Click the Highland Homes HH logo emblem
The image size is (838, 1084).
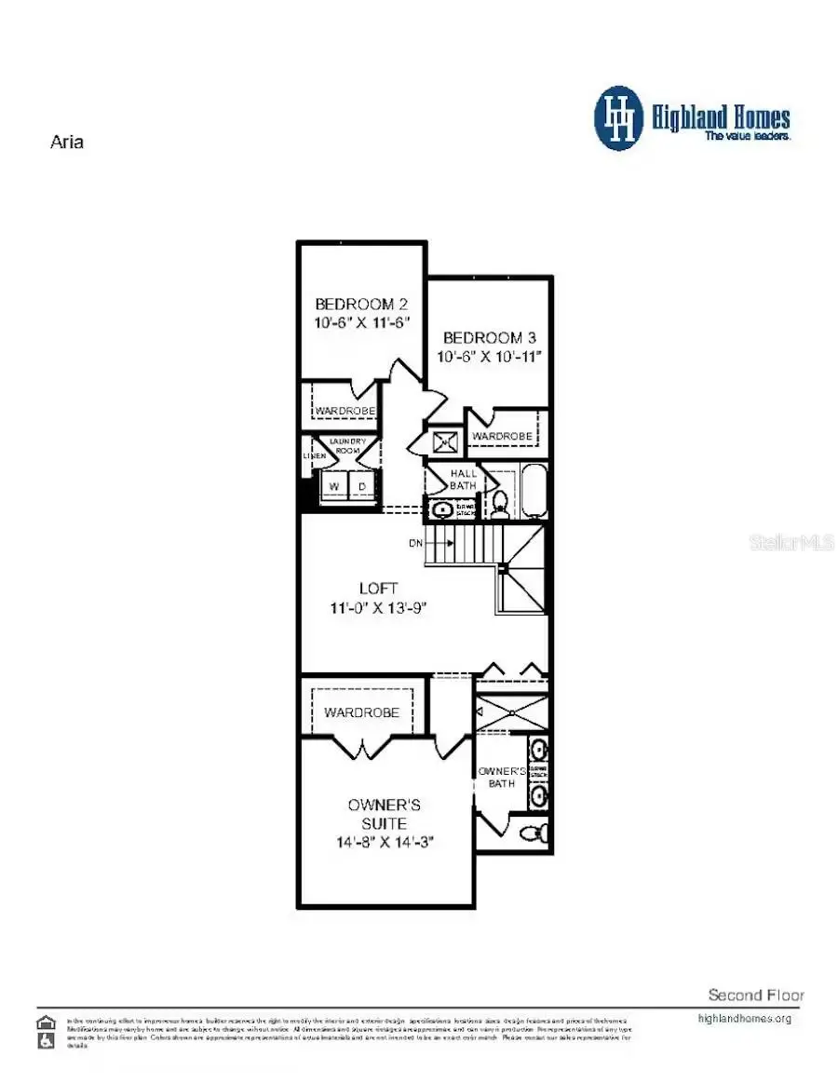pyautogui.click(x=618, y=118)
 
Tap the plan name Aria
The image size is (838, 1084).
pyautogui.click(x=66, y=143)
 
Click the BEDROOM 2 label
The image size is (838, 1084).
pyautogui.click(x=360, y=304)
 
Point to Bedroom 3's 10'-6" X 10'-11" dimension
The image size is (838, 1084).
pyautogui.click(x=489, y=356)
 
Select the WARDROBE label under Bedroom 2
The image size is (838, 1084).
pyautogui.click(x=345, y=411)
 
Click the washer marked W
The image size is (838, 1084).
pyautogui.click(x=331, y=486)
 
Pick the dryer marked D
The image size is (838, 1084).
pyautogui.click(x=363, y=486)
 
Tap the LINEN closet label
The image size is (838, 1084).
pyautogui.click(x=313, y=456)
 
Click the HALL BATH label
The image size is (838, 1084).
pyautogui.click(x=463, y=480)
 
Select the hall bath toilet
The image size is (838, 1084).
pyautogui.click(x=500, y=504)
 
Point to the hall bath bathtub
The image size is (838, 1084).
pyautogui.click(x=534, y=492)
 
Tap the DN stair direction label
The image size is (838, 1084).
pyautogui.click(x=415, y=542)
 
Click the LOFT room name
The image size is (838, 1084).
pyautogui.click(x=379, y=589)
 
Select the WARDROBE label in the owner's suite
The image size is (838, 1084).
pyautogui.click(x=361, y=712)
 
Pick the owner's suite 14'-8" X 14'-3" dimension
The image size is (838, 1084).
pyautogui.click(x=385, y=842)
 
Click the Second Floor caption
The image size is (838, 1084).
pyautogui.click(x=755, y=995)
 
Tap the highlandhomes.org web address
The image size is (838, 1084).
pyautogui.click(x=744, y=1018)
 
